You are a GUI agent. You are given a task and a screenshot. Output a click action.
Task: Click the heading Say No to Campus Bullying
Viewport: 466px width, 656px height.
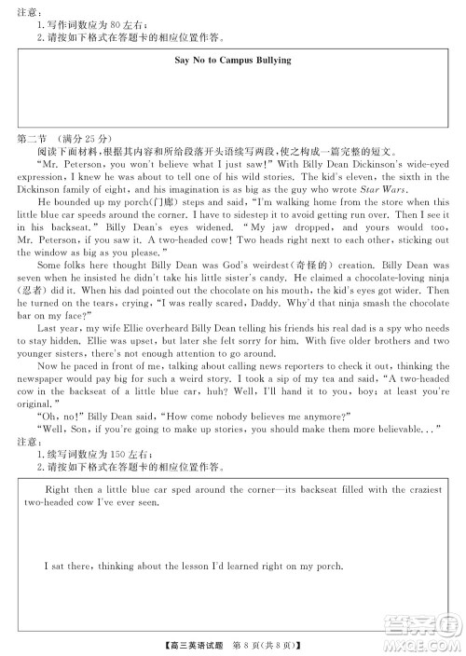[233, 60]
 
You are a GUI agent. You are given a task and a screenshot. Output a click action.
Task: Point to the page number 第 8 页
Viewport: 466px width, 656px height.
[255, 643]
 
